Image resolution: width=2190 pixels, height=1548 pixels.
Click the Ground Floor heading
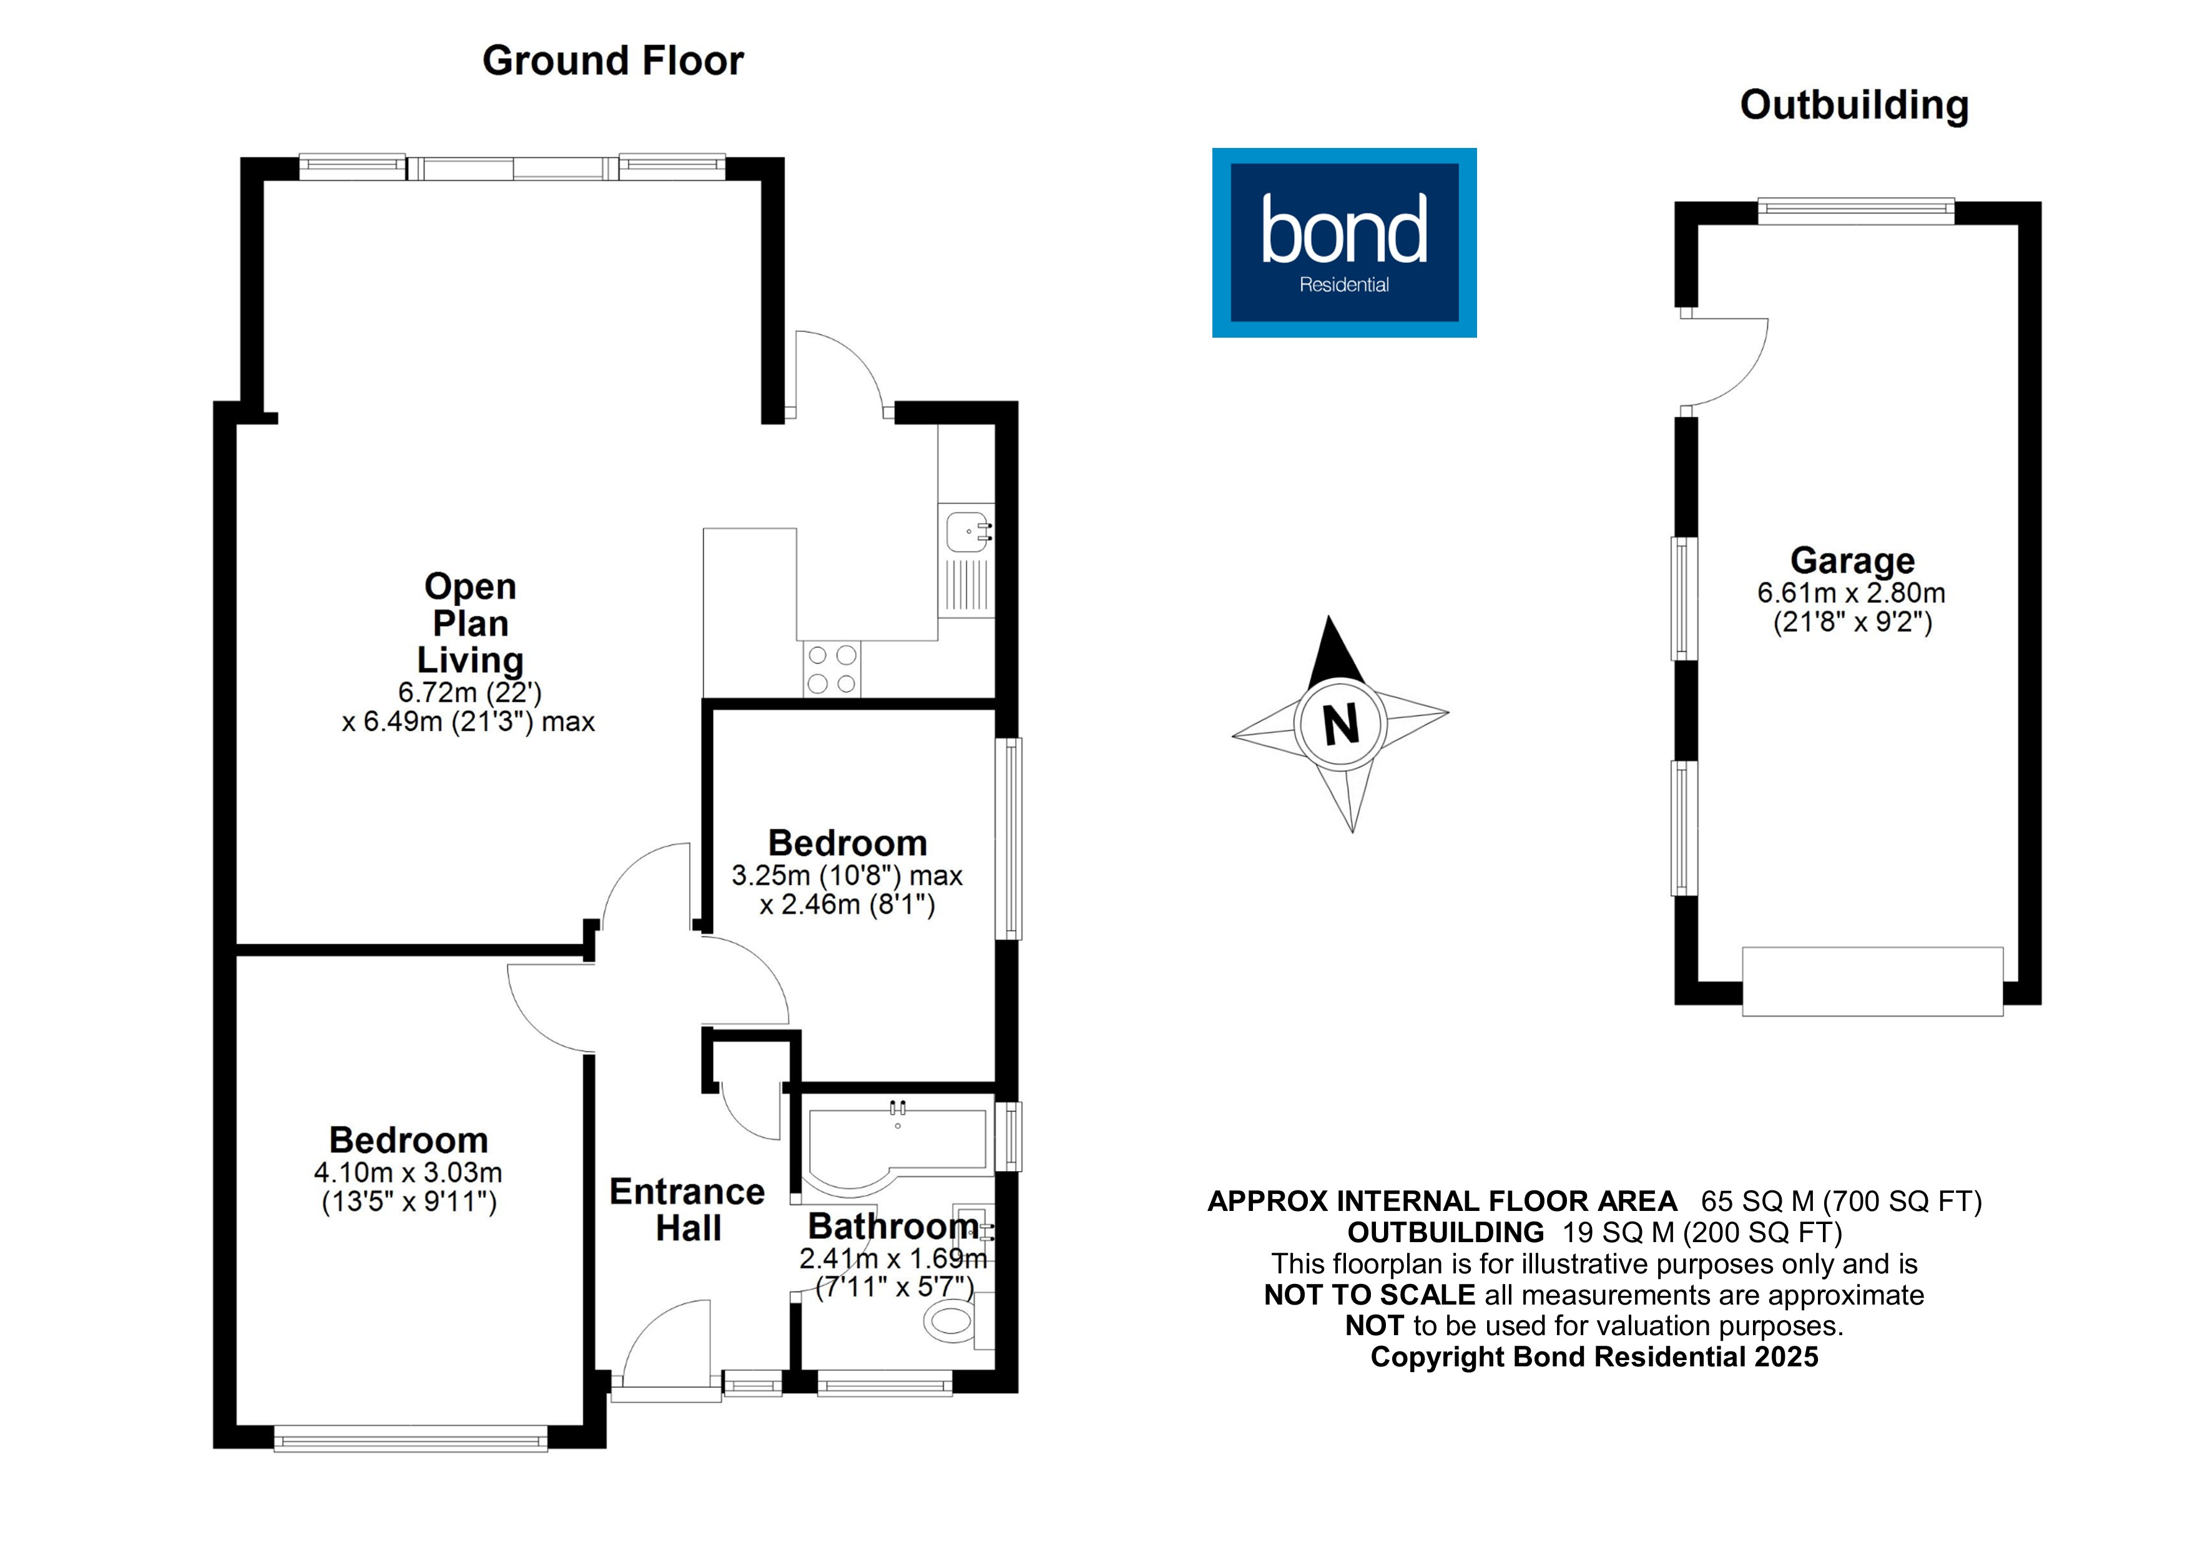coord(612,61)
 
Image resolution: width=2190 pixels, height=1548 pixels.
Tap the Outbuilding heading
coord(1854,105)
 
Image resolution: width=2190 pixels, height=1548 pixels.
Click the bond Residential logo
coord(1344,242)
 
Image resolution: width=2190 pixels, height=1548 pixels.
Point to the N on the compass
coord(1340,724)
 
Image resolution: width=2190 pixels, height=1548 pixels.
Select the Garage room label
coord(1852,560)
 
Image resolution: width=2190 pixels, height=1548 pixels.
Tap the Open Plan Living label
coord(470,623)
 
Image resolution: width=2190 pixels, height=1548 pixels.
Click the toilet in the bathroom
coord(951,1321)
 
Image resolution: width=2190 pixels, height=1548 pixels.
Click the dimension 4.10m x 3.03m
coord(408,1172)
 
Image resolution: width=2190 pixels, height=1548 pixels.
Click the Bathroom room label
coord(893,1226)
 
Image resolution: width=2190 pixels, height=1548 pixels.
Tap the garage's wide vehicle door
coord(1872,981)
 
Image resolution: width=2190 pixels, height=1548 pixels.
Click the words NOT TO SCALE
coord(1368,1295)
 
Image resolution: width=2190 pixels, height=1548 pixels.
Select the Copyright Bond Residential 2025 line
coord(1594,1356)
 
